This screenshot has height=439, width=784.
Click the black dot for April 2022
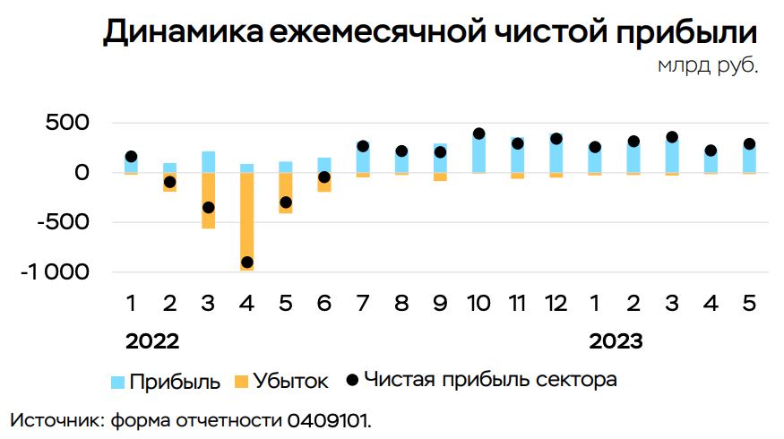pyautogui.click(x=246, y=263)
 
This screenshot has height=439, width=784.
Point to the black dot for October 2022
pyautogui.click(x=478, y=133)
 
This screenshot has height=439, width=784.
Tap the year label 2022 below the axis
pyautogui.click(x=152, y=341)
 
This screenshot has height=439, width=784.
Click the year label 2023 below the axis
pyautogui.click(x=616, y=341)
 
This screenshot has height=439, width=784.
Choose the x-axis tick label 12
pyautogui.click(x=556, y=304)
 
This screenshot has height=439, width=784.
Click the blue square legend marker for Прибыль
pyautogui.click(x=117, y=382)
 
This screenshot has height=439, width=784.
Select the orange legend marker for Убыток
pyautogui.click(x=239, y=382)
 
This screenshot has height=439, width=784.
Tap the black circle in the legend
pyautogui.click(x=351, y=380)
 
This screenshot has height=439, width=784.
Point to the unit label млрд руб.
pyautogui.click(x=708, y=67)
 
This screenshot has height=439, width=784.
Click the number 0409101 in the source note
pyautogui.click(x=328, y=420)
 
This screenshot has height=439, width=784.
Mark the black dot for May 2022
pyautogui.click(x=285, y=202)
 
